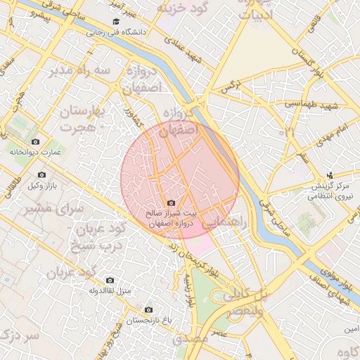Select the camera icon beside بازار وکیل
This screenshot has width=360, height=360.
41,174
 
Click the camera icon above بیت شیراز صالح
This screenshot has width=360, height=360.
172,203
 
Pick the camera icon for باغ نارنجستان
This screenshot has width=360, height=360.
148,309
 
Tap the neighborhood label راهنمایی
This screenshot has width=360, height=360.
226,222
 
